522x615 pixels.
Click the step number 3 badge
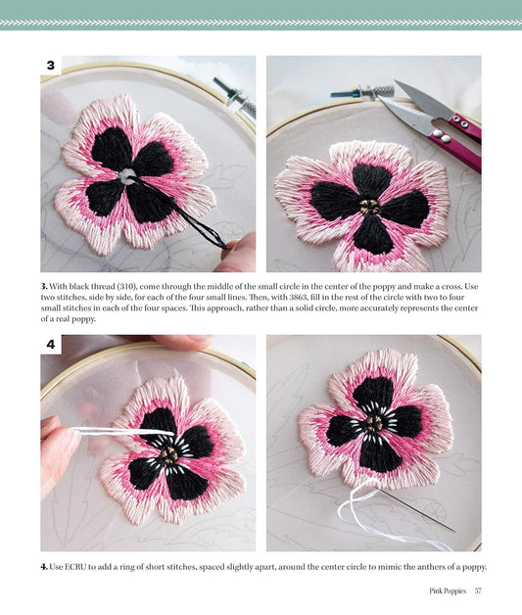[x=51, y=65]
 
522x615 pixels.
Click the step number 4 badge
[x=51, y=344]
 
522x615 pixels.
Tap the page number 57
[x=478, y=591]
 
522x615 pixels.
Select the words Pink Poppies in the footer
[x=448, y=591]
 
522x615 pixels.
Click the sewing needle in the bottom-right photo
[x=415, y=510]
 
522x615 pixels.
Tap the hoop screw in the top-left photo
[x=235, y=97]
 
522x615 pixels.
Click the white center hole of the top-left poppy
[x=128, y=175]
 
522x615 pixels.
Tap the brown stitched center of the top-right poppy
[x=369, y=207]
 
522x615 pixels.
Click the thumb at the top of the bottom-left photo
[x=182, y=341]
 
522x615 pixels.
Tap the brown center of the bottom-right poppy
[x=374, y=424]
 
